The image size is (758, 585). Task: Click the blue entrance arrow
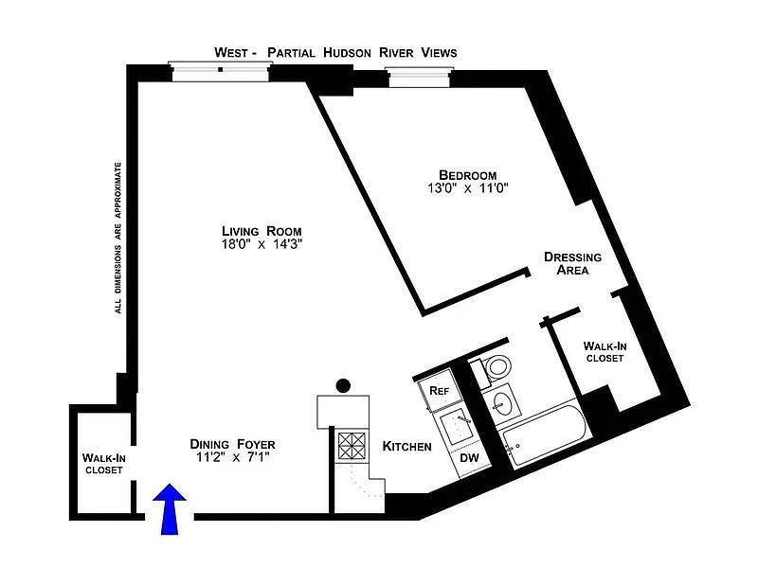pos(170,508)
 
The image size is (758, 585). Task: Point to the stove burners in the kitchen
pos(352,446)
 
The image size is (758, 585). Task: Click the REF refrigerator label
pos(439,390)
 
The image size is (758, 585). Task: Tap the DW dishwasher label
pos(469,457)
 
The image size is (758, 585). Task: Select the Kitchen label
pos(407,447)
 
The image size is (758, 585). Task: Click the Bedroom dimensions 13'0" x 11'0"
pos(467,188)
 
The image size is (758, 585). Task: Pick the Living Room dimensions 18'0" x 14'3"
pos(262,244)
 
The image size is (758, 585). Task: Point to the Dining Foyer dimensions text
pos(232,456)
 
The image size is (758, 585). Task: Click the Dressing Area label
pos(573,263)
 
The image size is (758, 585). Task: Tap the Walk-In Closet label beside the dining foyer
pos(104,464)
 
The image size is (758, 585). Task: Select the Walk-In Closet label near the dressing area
pos(605,352)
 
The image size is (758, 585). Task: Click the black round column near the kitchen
pos(343,385)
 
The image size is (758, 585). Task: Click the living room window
pos(220,72)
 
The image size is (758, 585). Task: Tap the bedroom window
pos(419,78)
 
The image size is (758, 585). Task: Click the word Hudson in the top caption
pos(347,52)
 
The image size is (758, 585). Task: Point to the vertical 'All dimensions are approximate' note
pos(118,238)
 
